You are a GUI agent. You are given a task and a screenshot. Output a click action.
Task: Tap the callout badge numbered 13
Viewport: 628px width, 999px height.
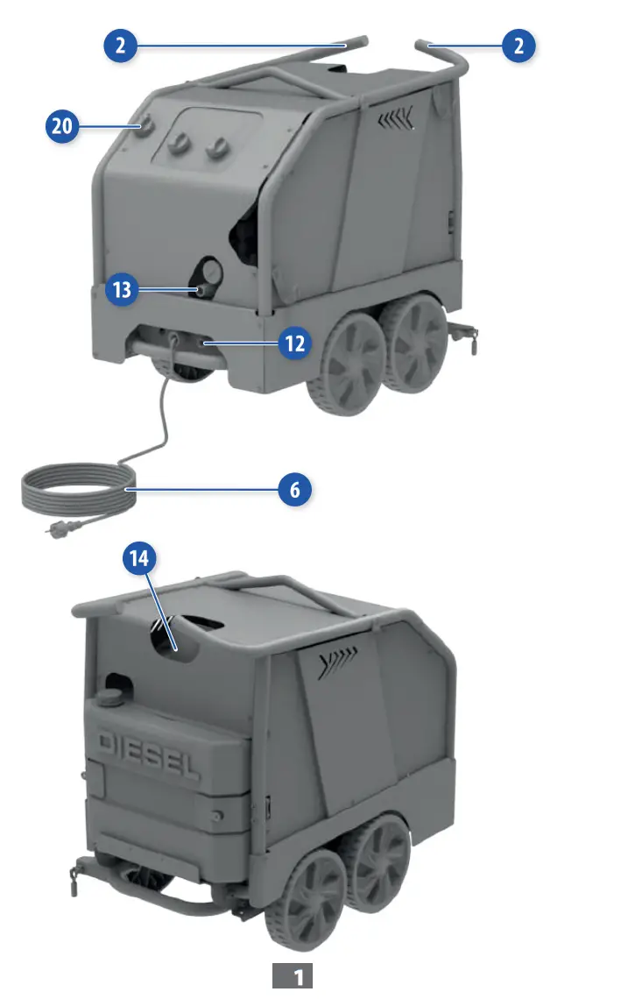point(122,289)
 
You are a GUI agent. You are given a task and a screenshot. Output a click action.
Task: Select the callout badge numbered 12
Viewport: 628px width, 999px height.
point(295,344)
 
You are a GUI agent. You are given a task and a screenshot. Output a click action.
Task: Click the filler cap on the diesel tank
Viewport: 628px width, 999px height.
point(110,697)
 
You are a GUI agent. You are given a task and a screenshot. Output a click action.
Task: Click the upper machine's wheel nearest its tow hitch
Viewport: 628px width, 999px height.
point(418,344)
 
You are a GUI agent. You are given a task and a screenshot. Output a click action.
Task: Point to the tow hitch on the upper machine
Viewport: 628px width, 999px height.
point(464,334)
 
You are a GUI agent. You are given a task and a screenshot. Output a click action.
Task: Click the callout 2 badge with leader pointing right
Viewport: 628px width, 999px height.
point(120,46)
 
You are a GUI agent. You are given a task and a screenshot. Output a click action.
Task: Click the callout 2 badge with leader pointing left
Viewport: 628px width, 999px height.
point(519,46)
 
